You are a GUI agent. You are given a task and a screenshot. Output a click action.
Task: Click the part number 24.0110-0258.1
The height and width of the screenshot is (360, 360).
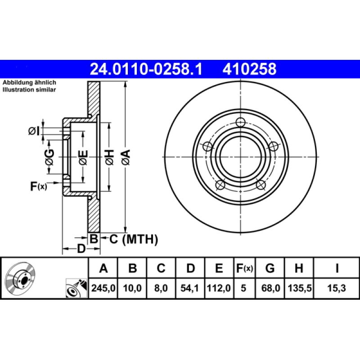pos(146,69)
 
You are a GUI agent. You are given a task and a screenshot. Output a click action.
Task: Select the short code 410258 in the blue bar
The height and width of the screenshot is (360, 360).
pos(247,69)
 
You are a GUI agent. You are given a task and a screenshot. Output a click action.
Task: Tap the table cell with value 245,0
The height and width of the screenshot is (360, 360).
pos(103,288)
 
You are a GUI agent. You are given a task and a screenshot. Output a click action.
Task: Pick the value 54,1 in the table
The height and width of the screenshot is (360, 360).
pos(190,288)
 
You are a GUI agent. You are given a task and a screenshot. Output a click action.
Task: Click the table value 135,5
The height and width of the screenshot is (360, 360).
pos(298,288)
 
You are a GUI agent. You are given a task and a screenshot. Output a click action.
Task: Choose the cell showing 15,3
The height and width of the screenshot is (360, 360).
pos(337,288)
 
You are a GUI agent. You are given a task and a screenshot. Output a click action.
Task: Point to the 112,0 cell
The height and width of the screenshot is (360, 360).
pos(219,288)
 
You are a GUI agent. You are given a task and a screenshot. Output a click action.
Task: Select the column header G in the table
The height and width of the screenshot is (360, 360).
pos(270,269)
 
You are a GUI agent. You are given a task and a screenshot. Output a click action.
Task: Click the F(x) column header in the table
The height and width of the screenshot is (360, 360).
pos(244,269)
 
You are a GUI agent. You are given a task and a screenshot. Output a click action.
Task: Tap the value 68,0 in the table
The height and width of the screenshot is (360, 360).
pos(270,288)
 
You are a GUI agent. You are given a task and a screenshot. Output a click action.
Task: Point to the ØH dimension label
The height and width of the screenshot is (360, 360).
pos(109,157)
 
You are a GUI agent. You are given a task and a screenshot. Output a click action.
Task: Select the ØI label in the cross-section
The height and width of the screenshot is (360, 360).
pos(34,131)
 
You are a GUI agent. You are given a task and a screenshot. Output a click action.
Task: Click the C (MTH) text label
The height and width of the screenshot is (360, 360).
pos(134,240)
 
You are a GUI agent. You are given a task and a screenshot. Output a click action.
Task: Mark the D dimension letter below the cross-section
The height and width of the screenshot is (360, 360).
pos(81,249)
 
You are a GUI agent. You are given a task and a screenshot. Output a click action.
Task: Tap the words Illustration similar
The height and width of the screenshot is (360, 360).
pos(29,90)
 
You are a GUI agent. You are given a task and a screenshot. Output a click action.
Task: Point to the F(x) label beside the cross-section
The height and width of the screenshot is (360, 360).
pos(39,185)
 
